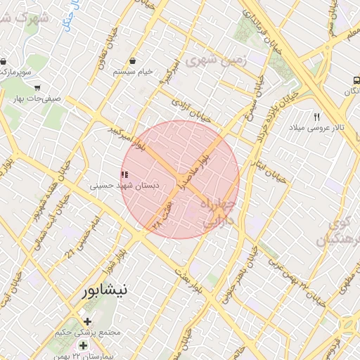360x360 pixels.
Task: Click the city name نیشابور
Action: pos(105,290)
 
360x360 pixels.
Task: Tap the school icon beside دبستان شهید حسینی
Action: pos(124,174)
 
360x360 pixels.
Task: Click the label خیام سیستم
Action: pos(134,72)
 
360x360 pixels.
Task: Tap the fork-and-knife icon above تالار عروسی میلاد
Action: pos(317,117)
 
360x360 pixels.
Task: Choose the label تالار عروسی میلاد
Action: pos(314,129)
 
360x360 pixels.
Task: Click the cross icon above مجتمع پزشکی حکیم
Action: pos(86,321)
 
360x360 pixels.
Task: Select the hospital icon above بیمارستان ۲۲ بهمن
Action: pos(84,345)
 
